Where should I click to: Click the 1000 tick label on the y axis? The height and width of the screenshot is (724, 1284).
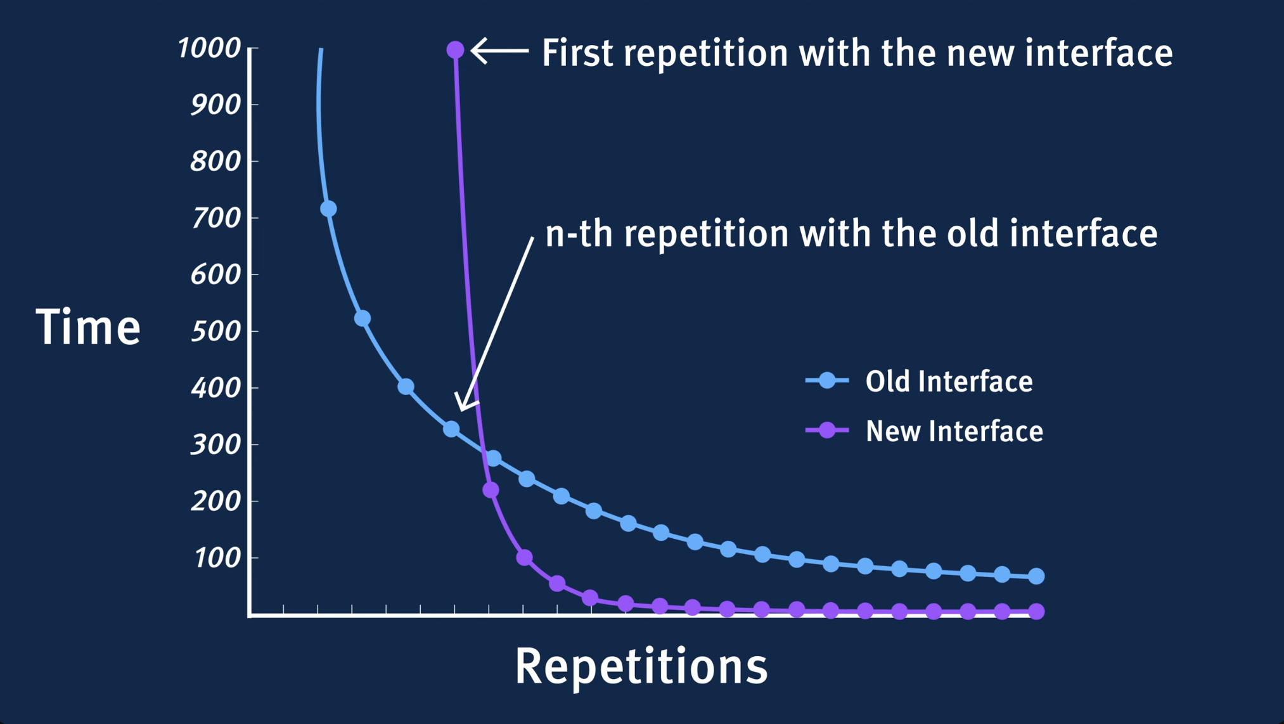coord(209,48)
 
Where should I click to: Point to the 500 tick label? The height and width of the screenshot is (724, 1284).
coord(216,331)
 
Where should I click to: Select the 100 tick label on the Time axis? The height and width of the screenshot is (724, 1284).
coord(217,558)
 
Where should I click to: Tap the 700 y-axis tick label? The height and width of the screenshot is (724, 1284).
coord(216,218)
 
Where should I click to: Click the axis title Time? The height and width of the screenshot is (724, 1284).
coord(88,327)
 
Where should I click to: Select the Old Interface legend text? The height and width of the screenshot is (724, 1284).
coord(949,381)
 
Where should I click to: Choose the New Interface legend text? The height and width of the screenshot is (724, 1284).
coord(954,431)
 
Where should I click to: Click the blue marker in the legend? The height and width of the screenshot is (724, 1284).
coord(827,380)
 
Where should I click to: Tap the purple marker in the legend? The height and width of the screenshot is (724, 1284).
coord(827,430)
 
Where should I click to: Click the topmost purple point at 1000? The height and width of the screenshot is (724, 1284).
coord(455,49)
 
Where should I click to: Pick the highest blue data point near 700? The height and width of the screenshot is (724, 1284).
coord(328,209)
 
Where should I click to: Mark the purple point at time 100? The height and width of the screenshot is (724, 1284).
coord(524,558)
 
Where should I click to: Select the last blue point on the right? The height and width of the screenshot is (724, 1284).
coord(1036,576)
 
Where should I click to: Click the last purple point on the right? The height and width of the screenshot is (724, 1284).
coord(1036,612)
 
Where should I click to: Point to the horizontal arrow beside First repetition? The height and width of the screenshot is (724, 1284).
coord(500,50)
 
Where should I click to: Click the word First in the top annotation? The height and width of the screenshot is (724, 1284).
coord(577,52)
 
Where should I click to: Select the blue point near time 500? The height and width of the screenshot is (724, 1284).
coord(362,318)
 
